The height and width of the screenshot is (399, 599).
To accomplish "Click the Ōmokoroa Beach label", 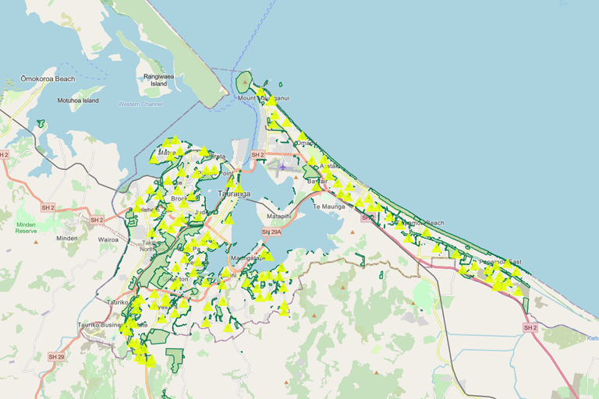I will pyautogui.click(x=48, y=79).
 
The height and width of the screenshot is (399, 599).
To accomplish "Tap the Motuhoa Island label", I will pyautogui.click(x=78, y=101).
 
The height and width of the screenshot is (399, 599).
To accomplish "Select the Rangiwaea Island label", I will pyautogui.click(x=158, y=79).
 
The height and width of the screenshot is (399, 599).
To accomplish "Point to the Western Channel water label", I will pyautogui.click(x=140, y=104).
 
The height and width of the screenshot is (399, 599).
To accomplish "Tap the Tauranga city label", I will pyautogui.click(x=234, y=193).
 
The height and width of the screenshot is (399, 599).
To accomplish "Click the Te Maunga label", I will pyautogui.click(x=328, y=207).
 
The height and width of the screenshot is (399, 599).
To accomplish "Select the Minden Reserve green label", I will pyautogui.click(x=27, y=227).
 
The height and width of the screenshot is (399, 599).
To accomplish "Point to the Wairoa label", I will pyautogui.click(x=108, y=239).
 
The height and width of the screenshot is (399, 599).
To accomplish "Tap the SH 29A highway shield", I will pyautogui.click(x=271, y=232).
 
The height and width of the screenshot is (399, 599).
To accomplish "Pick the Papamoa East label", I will pyautogui.click(x=499, y=262).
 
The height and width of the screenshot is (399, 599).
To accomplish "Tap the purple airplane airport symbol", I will pyautogui.click(x=282, y=166).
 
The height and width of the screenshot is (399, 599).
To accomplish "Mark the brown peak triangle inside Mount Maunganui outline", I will pyautogui.click(x=244, y=79).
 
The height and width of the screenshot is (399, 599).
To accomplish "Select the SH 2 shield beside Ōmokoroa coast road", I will pyautogui.click(x=5, y=155).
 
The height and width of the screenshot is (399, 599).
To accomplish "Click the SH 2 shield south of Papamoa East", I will pyautogui.click(x=530, y=328).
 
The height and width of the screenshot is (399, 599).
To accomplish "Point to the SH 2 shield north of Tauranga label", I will pyautogui.click(x=257, y=155).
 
